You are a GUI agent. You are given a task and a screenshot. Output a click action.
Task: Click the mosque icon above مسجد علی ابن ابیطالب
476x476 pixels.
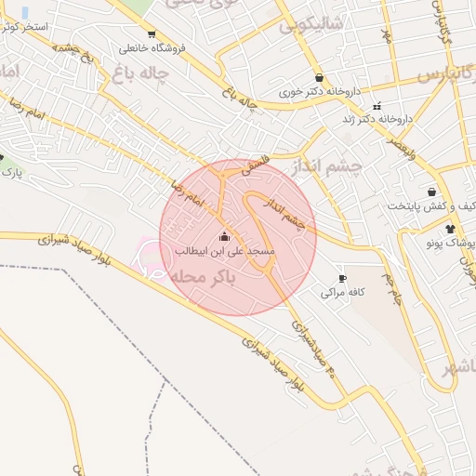pos(223,236)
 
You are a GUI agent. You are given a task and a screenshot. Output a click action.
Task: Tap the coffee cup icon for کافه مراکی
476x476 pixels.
pos(343,278)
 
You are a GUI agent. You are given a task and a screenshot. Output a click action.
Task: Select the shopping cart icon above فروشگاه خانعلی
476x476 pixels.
pos(152,33)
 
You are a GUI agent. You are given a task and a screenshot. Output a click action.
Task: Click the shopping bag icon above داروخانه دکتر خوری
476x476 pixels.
pos(320,78)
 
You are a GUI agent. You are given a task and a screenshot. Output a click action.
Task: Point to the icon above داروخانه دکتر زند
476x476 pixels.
pos(377,106)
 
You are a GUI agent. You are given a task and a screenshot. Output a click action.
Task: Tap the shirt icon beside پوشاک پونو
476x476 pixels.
pos(451,228)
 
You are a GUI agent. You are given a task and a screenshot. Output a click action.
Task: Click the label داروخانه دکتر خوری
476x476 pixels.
pos(319,93)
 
